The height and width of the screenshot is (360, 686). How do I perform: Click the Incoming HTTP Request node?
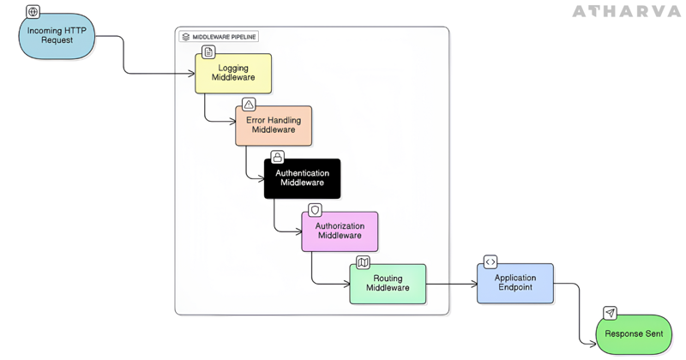coord(57,37)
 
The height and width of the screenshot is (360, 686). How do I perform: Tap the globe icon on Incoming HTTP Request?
coord(33,12)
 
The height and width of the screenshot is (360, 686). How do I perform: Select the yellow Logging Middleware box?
coord(233,73)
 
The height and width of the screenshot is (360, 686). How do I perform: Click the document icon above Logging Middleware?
coord(208,52)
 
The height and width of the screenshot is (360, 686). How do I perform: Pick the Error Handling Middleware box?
coord(274,125)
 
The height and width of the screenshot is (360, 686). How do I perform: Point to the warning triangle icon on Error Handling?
coord(249,105)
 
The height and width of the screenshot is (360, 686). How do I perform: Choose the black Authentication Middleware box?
coord(302,178)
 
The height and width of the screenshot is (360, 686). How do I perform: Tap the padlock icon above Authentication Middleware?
coord(277,158)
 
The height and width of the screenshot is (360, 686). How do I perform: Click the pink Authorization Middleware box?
coord(340,231)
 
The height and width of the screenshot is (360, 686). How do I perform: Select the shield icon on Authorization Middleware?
coord(315,210)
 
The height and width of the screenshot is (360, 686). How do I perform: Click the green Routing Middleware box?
coord(388,284)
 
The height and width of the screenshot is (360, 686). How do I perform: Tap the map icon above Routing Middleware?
coord(363,262)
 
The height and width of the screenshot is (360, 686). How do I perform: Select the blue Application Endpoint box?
coord(515,283)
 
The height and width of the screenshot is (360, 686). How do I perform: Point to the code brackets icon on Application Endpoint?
coord(490,262)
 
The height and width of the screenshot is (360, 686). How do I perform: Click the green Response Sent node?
coord(635,334)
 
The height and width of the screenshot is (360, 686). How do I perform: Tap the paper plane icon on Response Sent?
coord(610,314)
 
